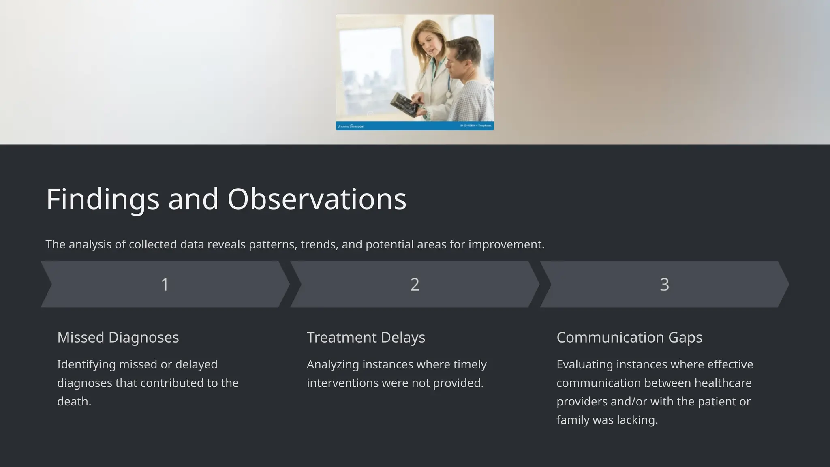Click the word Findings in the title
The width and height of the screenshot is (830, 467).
tap(103, 199)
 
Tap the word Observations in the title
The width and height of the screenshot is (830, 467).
tap(317, 199)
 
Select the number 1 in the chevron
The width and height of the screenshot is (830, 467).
tap(165, 285)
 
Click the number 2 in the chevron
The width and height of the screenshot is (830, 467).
tap(415, 285)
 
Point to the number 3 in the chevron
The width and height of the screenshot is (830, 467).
tap(664, 285)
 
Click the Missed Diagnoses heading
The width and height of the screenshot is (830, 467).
tap(118, 337)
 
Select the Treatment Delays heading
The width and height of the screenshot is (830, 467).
tap(366, 337)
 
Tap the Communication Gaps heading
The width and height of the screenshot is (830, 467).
tap(629, 337)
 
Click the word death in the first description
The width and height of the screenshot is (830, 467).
tap(73, 401)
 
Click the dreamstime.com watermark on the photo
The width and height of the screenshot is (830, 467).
tap(351, 126)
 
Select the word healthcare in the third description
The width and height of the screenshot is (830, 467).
tap(723, 383)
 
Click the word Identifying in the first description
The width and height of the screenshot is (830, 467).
tap(86, 364)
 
